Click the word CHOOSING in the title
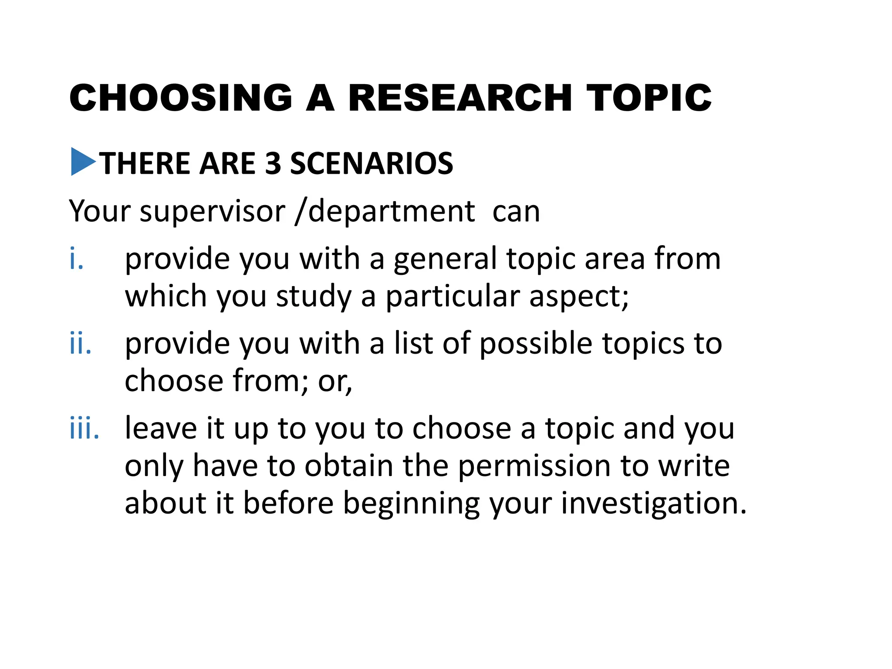(181, 98)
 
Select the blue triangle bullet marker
(83, 162)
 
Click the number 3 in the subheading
(273, 164)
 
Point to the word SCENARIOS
(372, 164)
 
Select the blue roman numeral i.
(76, 259)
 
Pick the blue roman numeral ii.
(81, 344)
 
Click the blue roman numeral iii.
(84, 428)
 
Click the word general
(445, 260)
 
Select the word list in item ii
(414, 344)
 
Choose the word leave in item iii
(161, 428)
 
